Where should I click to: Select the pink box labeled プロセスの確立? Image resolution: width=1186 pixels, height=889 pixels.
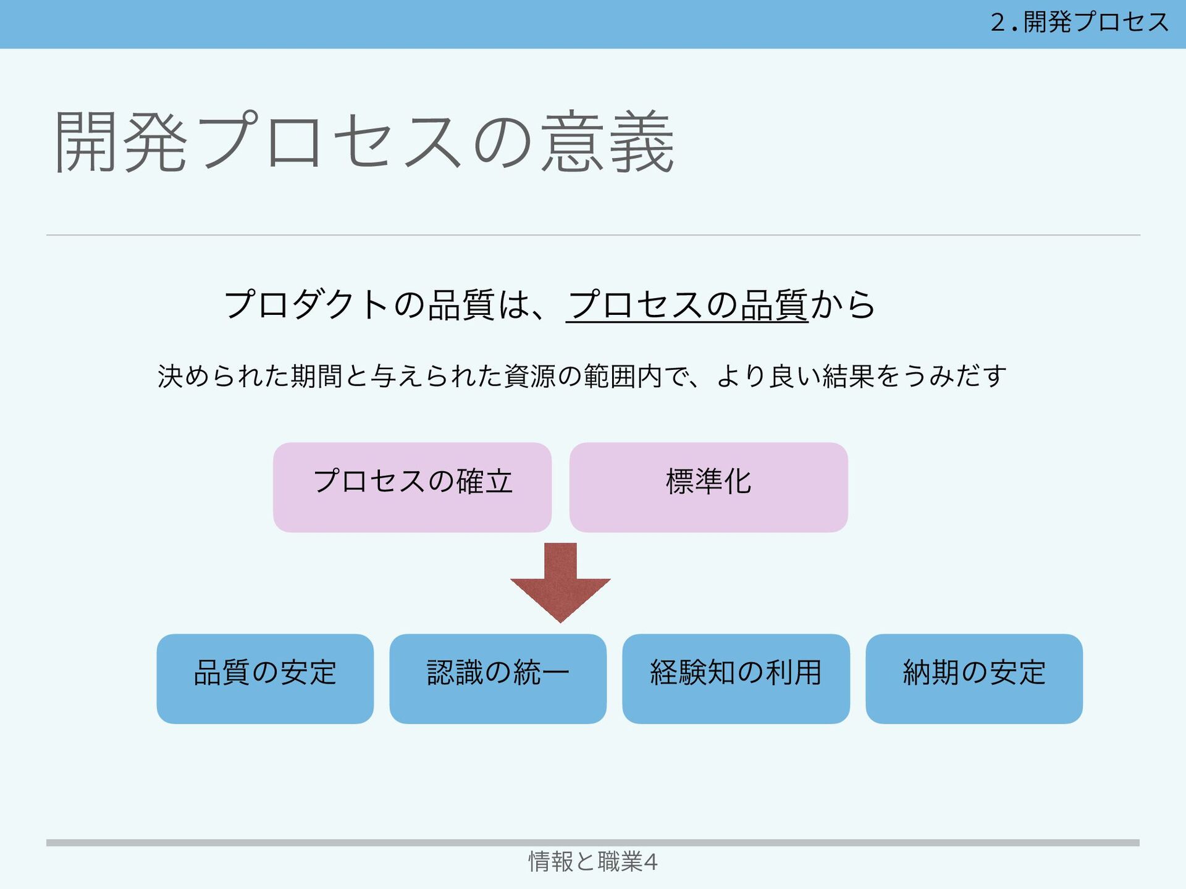tap(412, 487)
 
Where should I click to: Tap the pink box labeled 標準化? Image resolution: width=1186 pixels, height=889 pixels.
tap(708, 487)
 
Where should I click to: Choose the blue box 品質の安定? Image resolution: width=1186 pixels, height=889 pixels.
tap(265, 678)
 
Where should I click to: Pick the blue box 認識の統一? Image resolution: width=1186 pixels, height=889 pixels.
tap(498, 678)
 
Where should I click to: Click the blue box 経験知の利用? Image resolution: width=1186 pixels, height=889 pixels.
tap(736, 678)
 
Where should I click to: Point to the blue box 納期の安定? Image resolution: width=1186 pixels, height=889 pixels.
tap(974, 678)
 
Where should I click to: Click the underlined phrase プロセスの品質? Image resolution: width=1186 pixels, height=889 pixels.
tap(687, 305)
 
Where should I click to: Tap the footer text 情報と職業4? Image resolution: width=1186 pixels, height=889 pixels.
tap(592, 861)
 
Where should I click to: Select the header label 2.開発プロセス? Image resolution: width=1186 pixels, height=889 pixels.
tap(1079, 23)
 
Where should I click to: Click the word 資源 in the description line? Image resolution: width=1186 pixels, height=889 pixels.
tap(530, 376)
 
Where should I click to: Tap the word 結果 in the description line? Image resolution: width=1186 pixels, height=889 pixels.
tap(848, 376)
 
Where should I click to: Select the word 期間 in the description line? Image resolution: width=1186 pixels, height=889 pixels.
tap(317, 376)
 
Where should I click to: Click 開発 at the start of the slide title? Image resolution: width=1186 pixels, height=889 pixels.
tap(121, 142)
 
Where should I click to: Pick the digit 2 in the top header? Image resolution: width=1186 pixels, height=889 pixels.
tap(998, 23)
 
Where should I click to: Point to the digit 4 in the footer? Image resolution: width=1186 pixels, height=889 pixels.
tap(650, 861)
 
